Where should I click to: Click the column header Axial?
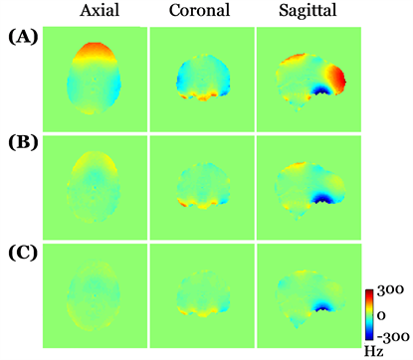pos(94,12)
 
